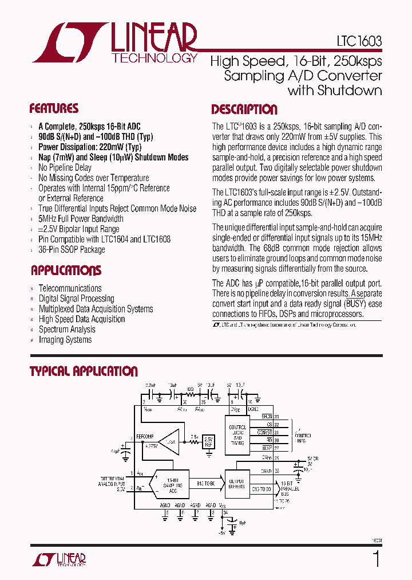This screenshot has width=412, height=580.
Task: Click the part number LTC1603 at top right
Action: point(359,42)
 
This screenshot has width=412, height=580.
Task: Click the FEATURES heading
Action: point(54,109)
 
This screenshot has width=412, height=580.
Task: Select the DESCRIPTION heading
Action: point(244,109)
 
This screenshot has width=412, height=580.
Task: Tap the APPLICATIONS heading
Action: point(66,271)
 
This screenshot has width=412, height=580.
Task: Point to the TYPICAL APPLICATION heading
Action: point(84,371)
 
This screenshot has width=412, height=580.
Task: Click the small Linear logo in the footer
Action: point(60,559)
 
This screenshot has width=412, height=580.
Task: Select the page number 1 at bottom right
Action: point(376,558)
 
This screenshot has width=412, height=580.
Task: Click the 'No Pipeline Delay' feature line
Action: point(65,167)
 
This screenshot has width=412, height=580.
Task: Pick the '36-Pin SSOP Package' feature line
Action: point(72,250)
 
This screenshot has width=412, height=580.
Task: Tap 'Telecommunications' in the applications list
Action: point(70,288)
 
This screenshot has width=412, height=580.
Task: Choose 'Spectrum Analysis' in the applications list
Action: point(67,330)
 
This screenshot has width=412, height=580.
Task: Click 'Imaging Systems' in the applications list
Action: point(65,340)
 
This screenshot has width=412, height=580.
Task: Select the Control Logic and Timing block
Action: point(237,436)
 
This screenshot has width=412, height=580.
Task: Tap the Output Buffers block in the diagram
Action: point(237,484)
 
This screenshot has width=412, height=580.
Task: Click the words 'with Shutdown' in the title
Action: point(335,90)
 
